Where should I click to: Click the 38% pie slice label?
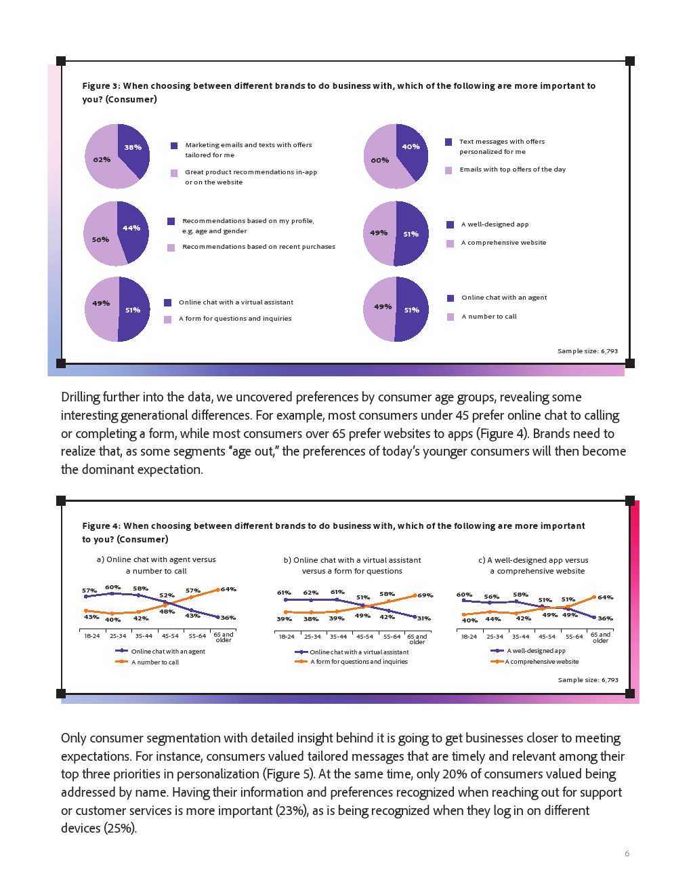pyautogui.click(x=133, y=147)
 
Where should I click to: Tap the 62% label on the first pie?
pyautogui.click(x=102, y=159)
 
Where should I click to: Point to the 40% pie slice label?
pyautogui.click(x=411, y=146)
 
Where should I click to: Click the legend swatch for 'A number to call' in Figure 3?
pyautogui.click(x=451, y=317)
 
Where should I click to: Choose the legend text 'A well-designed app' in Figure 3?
pyautogui.click(x=495, y=224)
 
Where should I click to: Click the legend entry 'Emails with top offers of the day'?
pyautogui.click(x=512, y=170)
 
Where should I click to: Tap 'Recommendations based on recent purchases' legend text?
pyautogui.click(x=258, y=247)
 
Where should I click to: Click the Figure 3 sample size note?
pyautogui.click(x=587, y=351)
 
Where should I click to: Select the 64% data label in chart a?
pyautogui.click(x=228, y=589)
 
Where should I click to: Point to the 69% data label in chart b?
pyautogui.click(x=425, y=595)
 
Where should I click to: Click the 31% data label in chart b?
pyautogui.click(x=423, y=618)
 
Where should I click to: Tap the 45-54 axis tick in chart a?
pyautogui.click(x=170, y=636)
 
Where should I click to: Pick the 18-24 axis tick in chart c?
pyautogui.click(x=469, y=637)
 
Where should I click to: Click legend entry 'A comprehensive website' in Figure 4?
pyautogui.click(x=541, y=662)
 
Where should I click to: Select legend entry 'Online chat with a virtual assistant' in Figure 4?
pyautogui.click(x=359, y=652)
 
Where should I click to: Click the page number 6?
pyautogui.click(x=627, y=854)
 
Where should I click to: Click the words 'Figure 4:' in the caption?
pyautogui.click(x=101, y=526)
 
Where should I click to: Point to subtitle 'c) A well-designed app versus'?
pyautogui.click(x=533, y=560)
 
